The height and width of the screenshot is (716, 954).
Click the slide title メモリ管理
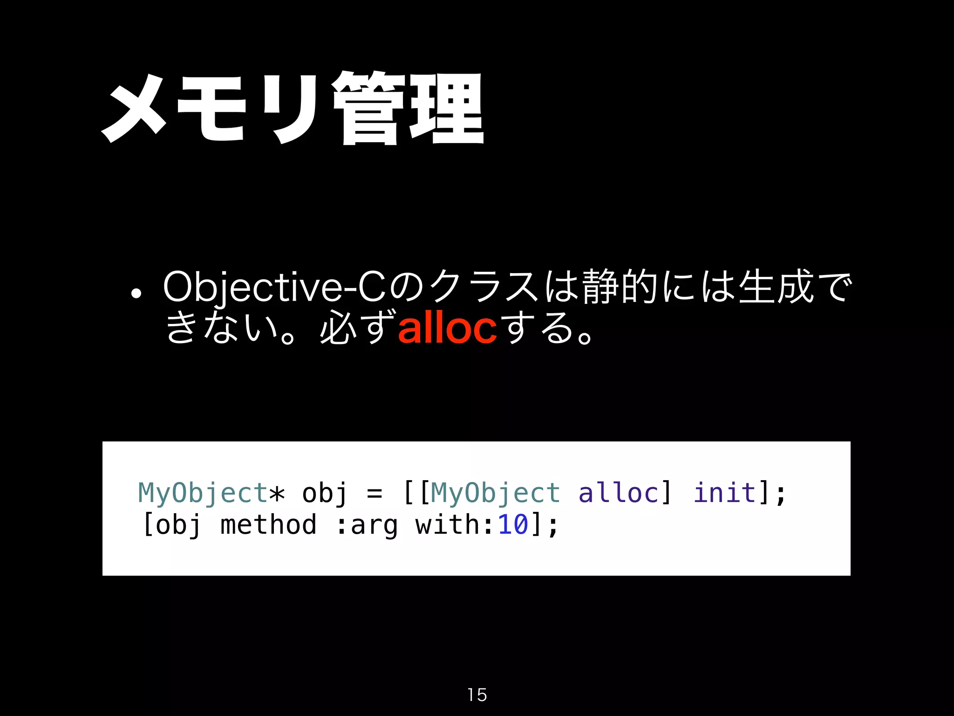pyautogui.click(x=293, y=108)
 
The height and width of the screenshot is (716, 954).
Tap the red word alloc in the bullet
pyautogui.click(x=447, y=328)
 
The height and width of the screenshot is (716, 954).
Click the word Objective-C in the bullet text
pyautogui.click(x=275, y=288)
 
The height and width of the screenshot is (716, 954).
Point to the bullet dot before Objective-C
pyautogui.click(x=136, y=294)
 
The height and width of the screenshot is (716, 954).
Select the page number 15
pyautogui.click(x=477, y=695)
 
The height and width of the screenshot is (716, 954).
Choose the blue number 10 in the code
pyautogui.click(x=513, y=524)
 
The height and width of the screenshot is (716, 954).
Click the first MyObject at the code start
pyautogui.click(x=203, y=493)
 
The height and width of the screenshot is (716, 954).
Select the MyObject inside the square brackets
pyautogui.click(x=495, y=493)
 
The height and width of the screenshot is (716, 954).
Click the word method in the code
pyautogui.click(x=268, y=524)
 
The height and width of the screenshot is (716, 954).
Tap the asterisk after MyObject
pyautogui.click(x=277, y=493)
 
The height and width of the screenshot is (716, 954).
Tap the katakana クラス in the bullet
pyautogui.click(x=484, y=287)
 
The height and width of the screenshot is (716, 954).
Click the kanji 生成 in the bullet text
pyautogui.click(x=776, y=287)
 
